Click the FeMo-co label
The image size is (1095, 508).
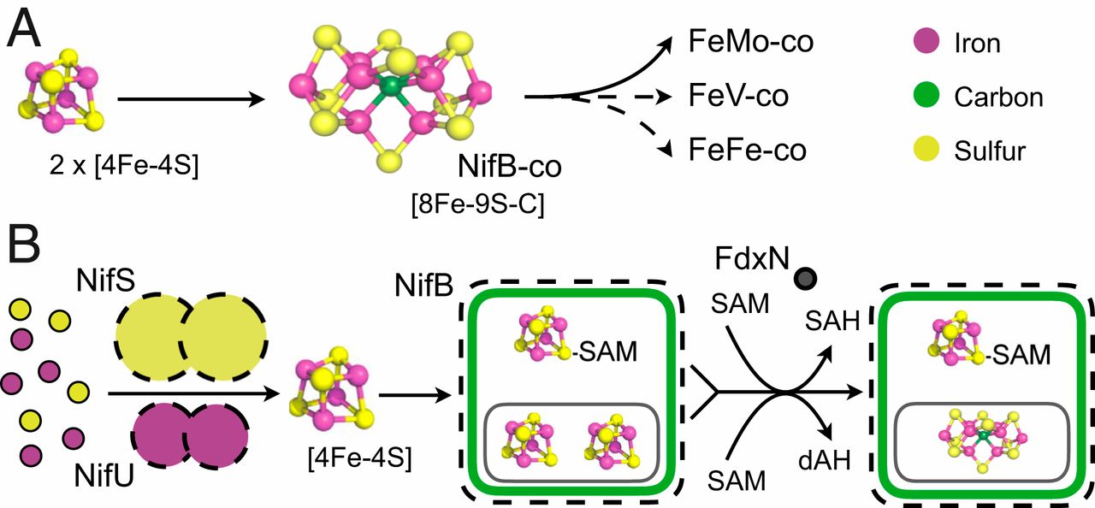750,41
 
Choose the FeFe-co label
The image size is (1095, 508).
747,150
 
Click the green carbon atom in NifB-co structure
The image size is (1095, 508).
391,86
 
